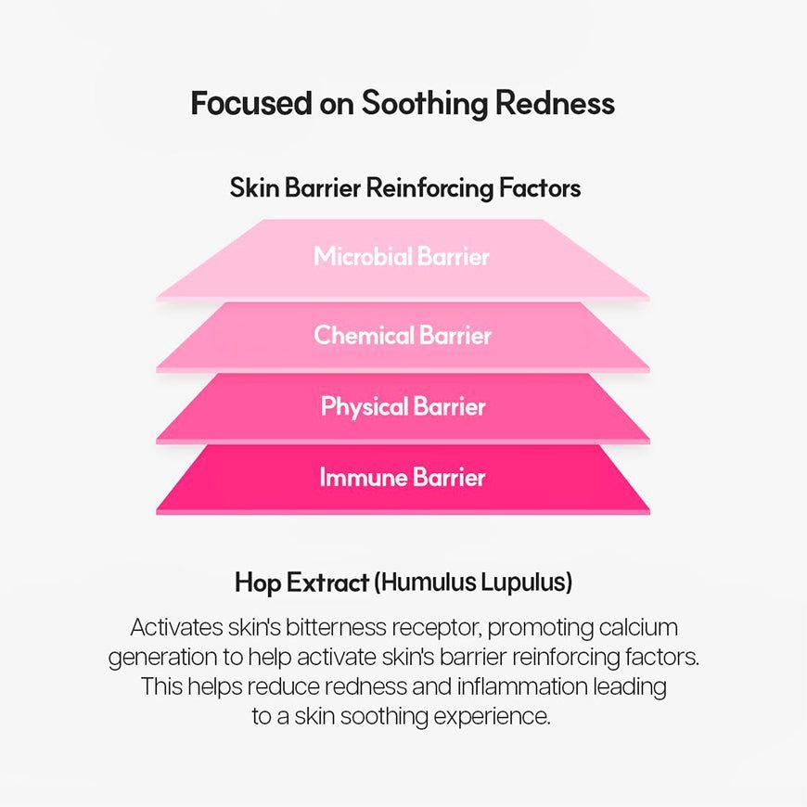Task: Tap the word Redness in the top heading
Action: pyautogui.click(x=555, y=103)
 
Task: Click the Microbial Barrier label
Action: pyautogui.click(x=402, y=256)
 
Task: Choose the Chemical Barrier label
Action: pyautogui.click(x=402, y=335)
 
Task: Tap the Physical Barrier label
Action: pyautogui.click(x=403, y=406)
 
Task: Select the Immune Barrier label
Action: pyautogui.click(x=403, y=478)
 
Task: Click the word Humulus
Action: pyautogui.click(x=423, y=583)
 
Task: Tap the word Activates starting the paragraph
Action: pyautogui.click(x=176, y=627)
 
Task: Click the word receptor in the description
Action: pyautogui.click(x=433, y=628)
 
